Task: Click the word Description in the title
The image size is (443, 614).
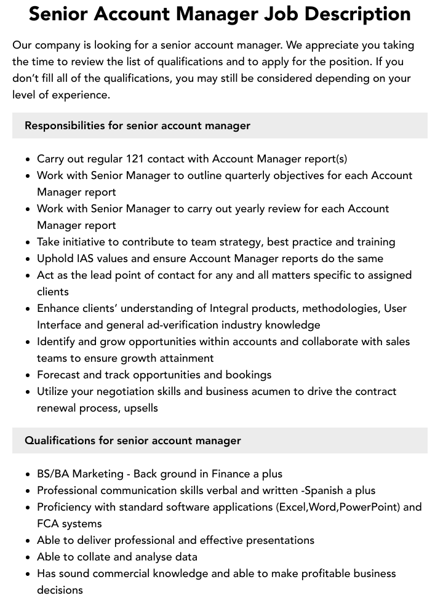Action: point(356,14)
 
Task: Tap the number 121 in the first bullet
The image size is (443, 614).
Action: point(136,159)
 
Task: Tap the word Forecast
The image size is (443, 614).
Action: point(60,375)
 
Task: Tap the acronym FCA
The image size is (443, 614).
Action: point(49,524)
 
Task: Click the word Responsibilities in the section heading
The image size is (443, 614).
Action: point(65,126)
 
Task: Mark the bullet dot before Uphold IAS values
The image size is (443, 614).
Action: point(28,259)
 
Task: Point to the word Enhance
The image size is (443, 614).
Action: point(58,308)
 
